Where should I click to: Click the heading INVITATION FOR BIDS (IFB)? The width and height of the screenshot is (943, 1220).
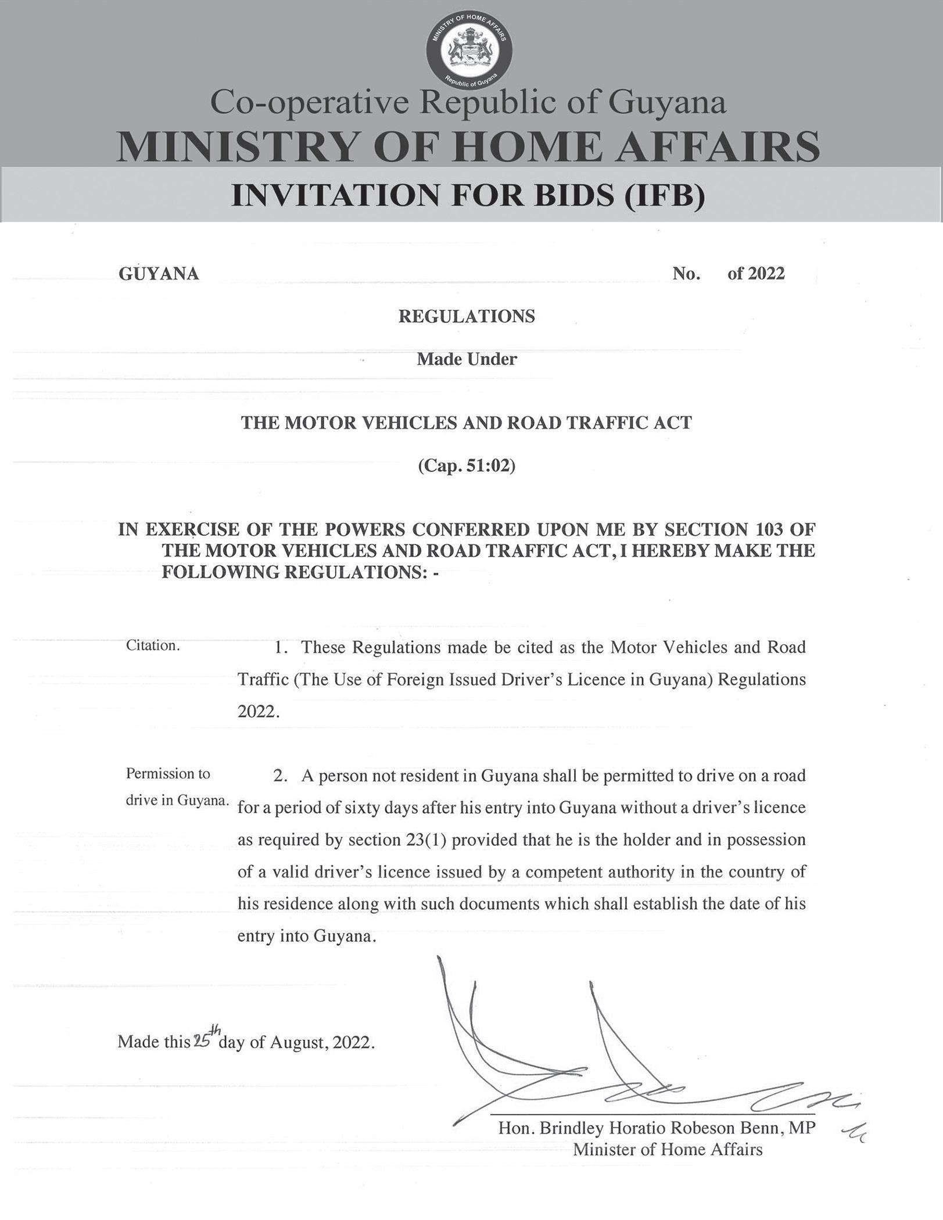tap(468, 195)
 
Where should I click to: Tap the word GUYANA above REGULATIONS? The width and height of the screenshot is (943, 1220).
tap(159, 274)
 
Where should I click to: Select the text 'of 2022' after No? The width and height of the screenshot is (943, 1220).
tap(756, 273)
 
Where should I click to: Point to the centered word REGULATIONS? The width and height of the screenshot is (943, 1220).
tap(467, 316)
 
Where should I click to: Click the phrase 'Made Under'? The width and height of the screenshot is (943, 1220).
tap(467, 359)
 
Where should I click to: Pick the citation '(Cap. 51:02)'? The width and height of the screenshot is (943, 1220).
tap(467, 466)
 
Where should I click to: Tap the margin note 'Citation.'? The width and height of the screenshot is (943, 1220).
tap(153, 645)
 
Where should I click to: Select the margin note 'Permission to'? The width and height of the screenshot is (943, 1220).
tap(168, 774)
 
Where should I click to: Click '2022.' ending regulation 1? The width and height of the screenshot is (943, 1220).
tap(259, 712)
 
